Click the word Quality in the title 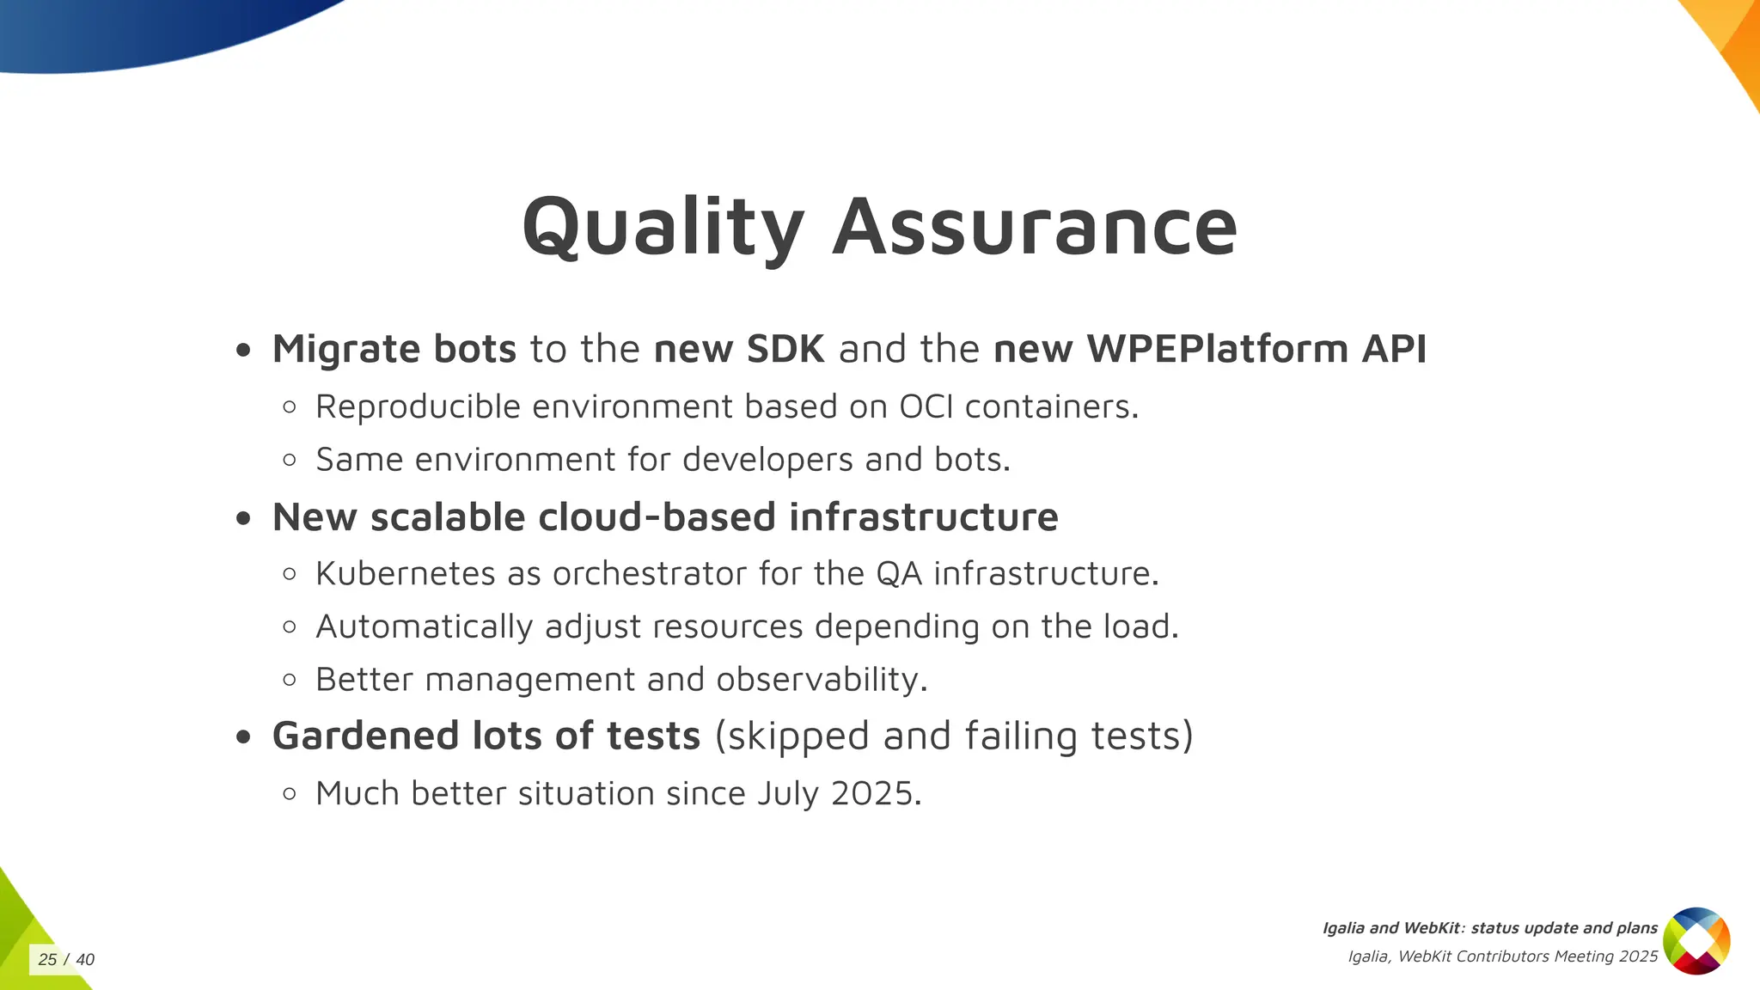pos(663,227)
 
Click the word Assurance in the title pos(1035,227)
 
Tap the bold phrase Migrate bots pos(394,349)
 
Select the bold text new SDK pos(739,349)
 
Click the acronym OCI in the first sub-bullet pos(926,406)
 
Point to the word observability pos(822,680)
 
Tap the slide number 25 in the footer pos(47,960)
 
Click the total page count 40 pos(85,960)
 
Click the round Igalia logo pos(1696,941)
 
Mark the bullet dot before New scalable pos(244,518)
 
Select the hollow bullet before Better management pos(290,680)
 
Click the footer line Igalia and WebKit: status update pos(1489,928)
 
